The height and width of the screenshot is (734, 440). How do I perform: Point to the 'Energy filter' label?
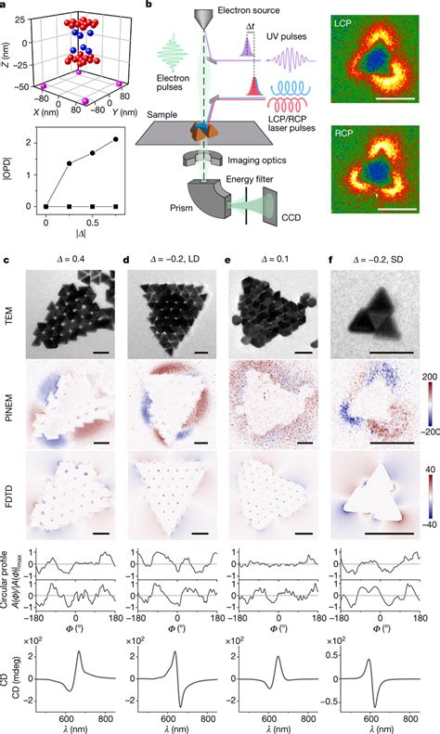click(x=265, y=179)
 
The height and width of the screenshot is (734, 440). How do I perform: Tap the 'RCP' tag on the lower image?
click(x=354, y=135)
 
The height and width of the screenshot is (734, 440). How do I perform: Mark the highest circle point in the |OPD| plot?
click(x=115, y=139)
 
